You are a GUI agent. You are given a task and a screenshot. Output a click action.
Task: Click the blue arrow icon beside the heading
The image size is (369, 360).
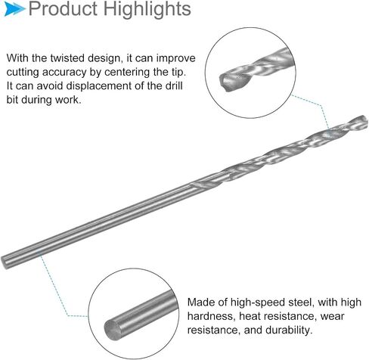(14, 9)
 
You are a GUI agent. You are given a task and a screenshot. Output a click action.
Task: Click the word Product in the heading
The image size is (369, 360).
(63, 9)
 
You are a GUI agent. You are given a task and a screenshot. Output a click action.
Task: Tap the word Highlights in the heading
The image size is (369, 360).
(147, 10)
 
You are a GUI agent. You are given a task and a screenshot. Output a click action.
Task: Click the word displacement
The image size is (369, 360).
(98, 86)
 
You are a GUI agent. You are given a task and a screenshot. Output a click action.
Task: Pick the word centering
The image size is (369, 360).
(127, 73)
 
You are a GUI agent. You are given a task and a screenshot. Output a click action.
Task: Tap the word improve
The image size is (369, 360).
(175, 58)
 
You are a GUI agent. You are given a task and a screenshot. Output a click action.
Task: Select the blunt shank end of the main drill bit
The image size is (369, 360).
(5, 262)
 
